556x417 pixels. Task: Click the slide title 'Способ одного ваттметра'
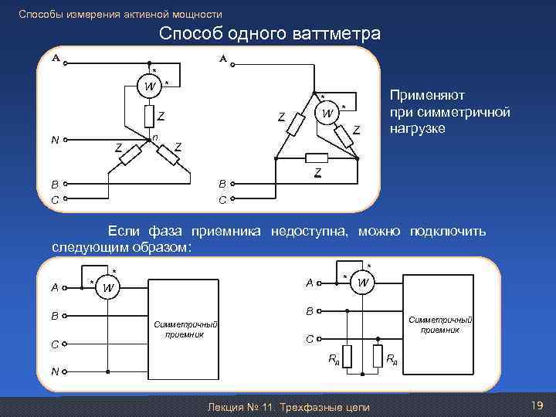(x=270, y=34)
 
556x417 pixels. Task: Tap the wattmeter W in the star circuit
(x=148, y=85)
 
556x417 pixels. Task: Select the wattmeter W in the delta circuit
(x=327, y=114)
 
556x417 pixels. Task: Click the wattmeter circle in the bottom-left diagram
(x=108, y=288)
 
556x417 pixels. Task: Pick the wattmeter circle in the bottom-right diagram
(x=361, y=283)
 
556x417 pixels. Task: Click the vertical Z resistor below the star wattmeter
(x=148, y=117)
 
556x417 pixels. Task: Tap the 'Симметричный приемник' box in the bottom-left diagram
(x=186, y=330)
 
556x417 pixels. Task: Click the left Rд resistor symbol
(x=348, y=357)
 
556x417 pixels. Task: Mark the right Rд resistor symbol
(x=378, y=357)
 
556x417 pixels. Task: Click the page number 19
(x=537, y=405)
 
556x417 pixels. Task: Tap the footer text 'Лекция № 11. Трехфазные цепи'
(x=283, y=407)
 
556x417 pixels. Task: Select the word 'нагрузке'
(x=417, y=128)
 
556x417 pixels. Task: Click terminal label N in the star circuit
(x=55, y=140)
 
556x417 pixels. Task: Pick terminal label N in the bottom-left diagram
(x=55, y=372)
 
